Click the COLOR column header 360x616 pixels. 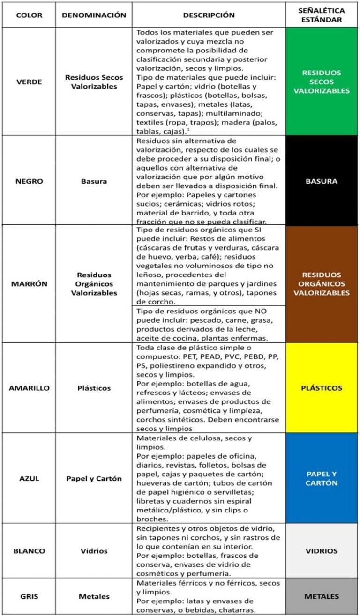click(29, 15)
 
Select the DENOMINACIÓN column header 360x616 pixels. click(94, 15)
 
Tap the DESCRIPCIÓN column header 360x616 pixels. click(209, 15)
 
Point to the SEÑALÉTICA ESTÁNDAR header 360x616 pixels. click(322, 15)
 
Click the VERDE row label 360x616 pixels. click(29, 82)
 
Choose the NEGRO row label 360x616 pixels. click(29, 181)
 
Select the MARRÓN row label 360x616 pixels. click(29, 284)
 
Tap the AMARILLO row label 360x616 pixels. click(29, 388)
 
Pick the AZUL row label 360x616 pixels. click(29, 478)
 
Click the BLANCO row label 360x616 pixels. click(29, 551)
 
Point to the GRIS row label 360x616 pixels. click(29, 596)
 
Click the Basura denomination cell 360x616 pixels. click(94, 181)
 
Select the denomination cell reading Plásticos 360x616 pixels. click(94, 388)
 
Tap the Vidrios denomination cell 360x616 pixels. click(94, 551)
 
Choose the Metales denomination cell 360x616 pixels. click(94, 596)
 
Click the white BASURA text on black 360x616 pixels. click(322, 181)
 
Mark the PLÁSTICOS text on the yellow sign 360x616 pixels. click(322, 388)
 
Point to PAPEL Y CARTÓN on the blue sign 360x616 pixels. click(322, 478)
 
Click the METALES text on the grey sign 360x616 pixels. click(322, 596)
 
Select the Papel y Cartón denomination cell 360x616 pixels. click(94, 478)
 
